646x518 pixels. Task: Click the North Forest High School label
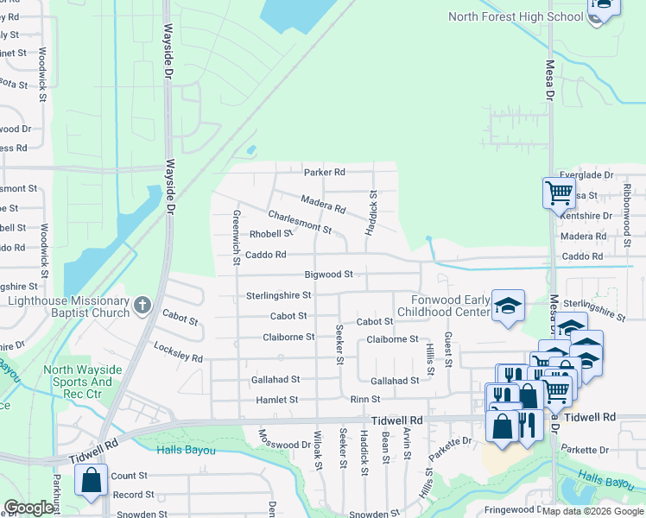(x=516, y=16)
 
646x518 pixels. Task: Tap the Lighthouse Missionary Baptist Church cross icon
(x=143, y=304)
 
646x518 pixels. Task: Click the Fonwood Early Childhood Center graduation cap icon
(x=509, y=305)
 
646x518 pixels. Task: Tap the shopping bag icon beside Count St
(x=91, y=481)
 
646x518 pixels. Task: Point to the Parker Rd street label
(x=324, y=172)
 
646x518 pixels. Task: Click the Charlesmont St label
(x=300, y=222)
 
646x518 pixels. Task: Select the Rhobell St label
(x=271, y=234)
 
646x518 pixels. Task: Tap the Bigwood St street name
(x=329, y=275)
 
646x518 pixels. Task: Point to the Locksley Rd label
(x=179, y=357)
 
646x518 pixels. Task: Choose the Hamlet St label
(x=276, y=401)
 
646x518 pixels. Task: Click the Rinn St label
(x=359, y=401)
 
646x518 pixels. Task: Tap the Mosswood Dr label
(x=284, y=445)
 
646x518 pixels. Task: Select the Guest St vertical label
(x=448, y=349)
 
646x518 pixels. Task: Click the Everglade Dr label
(x=586, y=175)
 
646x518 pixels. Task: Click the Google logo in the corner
(x=28, y=508)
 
